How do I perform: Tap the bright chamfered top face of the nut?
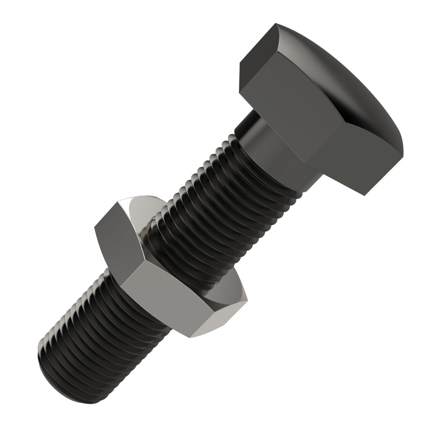click(x=141, y=212)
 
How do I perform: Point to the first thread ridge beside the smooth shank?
click(x=233, y=138)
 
